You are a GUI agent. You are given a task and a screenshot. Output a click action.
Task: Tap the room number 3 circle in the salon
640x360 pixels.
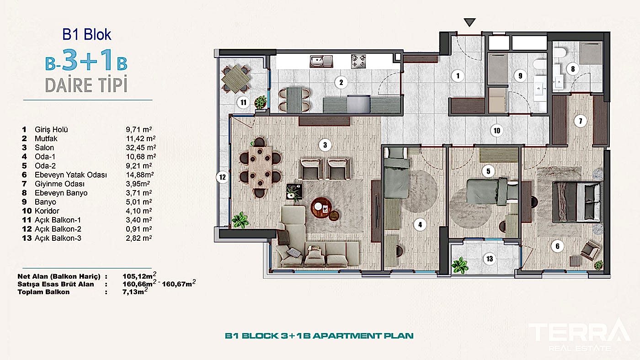coord(325,146)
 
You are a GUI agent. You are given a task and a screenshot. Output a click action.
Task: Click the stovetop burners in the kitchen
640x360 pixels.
coord(358,61)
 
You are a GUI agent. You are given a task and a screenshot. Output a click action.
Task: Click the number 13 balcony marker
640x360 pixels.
coord(490,259)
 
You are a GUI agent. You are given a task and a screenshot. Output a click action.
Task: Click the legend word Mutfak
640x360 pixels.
coord(46,138)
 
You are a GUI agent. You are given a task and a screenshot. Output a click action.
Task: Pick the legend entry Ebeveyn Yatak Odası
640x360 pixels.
coord(70,175)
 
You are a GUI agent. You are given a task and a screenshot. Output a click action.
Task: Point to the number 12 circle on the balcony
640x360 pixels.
coord(222,178)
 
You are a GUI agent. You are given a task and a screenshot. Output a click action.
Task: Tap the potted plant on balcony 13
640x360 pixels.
coord(459,265)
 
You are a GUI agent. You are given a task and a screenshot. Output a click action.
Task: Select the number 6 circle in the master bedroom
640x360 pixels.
coord(557,246)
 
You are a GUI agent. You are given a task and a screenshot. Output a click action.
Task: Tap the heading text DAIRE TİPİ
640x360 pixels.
coord(86,85)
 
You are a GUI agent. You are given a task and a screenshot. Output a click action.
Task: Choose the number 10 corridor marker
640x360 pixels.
coord(497,131)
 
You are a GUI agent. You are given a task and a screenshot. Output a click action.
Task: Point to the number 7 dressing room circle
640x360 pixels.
coord(580,122)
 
